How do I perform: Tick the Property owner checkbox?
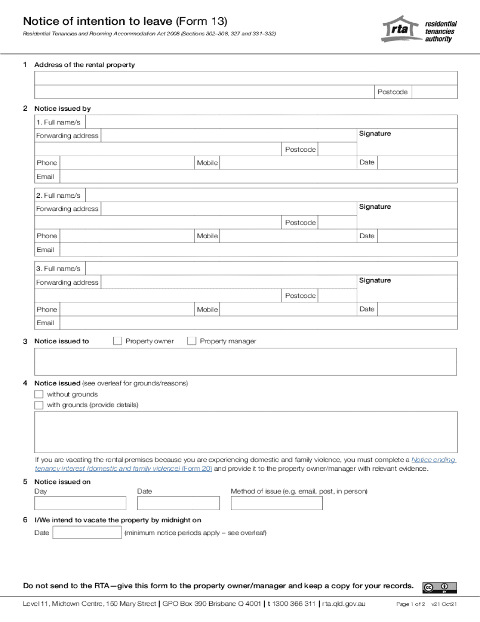117,341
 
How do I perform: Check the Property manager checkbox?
191,341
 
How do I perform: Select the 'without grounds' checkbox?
39,394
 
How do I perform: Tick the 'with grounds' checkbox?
39,405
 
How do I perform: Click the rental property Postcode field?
435,92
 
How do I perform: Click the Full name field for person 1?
272,122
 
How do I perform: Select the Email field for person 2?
258,250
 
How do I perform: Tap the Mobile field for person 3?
288,309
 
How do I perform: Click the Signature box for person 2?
407,218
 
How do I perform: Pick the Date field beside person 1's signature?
417,163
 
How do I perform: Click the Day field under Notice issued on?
80,503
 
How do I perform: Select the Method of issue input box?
276,503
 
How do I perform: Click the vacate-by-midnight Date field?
87,533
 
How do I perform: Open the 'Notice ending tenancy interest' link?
434,460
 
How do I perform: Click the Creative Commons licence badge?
440,587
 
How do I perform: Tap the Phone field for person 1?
127,163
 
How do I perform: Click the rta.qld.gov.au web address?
344,604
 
